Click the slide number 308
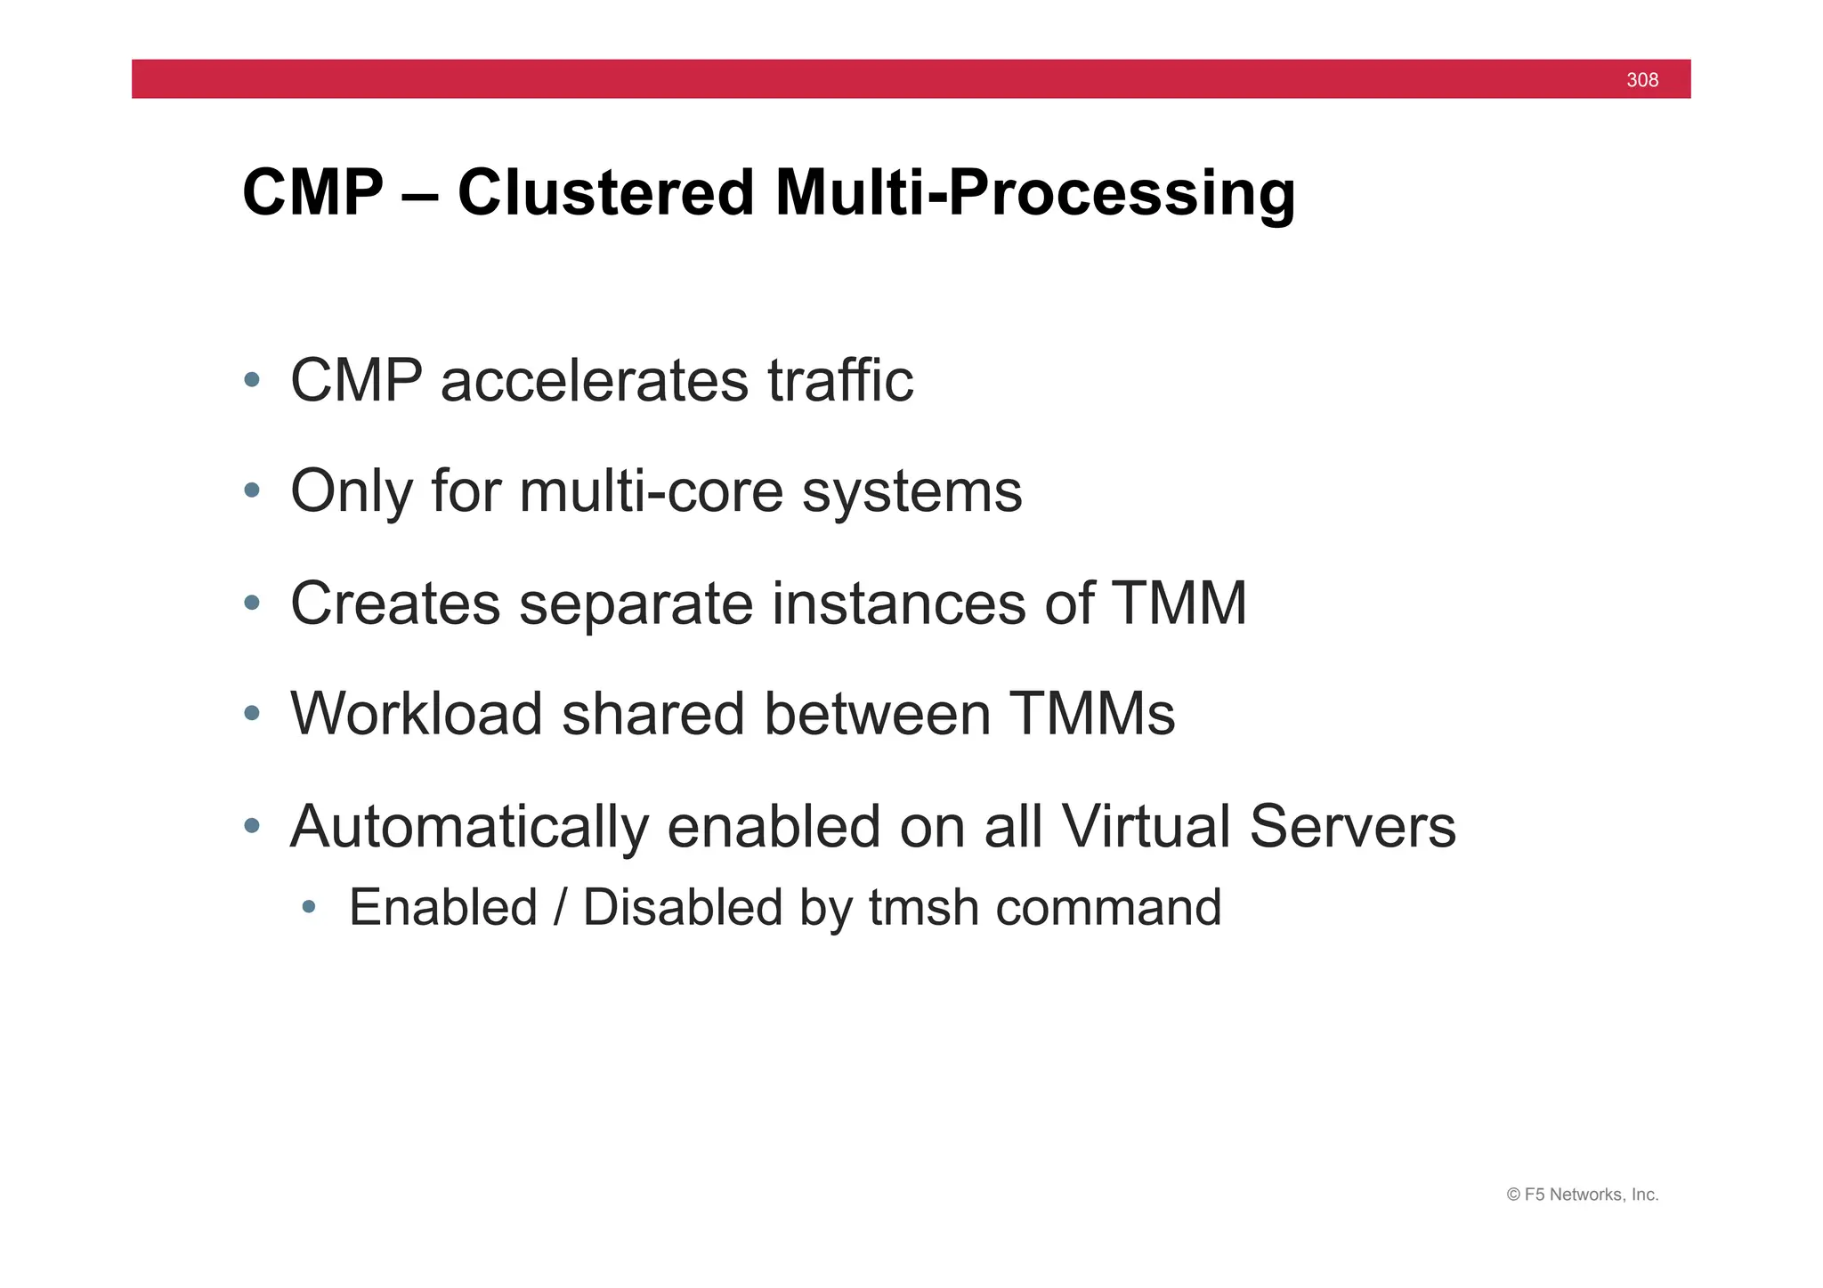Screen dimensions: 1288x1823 tap(1641, 80)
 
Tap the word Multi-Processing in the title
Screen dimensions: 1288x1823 tap(1034, 194)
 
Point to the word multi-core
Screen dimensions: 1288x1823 tap(652, 491)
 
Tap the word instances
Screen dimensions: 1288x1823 tap(898, 603)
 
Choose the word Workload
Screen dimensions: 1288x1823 tap(416, 714)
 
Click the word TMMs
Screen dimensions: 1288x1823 tap(1092, 714)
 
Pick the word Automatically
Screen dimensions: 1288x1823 tap(469, 828)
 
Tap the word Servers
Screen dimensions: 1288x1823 tap(1351, 826)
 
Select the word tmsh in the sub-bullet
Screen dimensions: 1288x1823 tap(923, 908)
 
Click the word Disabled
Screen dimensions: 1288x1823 tap(683, 908)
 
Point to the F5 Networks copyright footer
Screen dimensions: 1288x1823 tap(1582, 1195)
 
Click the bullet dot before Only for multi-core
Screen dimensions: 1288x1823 tap(252, 490)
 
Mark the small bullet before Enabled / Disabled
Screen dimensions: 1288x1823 tap(309, 907)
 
